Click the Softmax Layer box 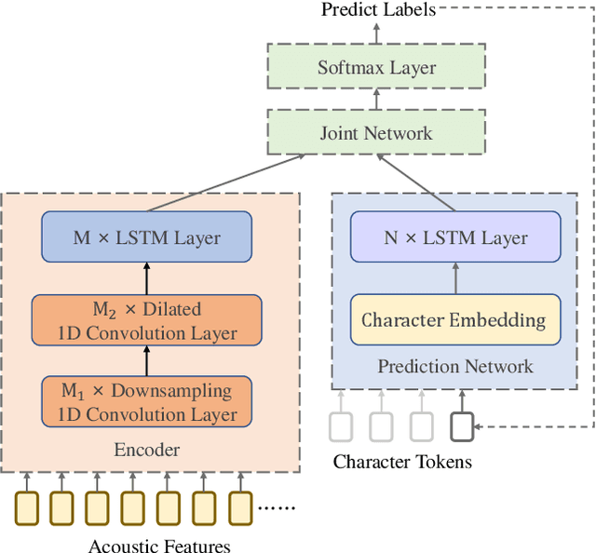click(x=376, y=67)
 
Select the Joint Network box click(x=376, y=132)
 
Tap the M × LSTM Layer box click(x=147, y=236)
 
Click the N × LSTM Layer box click(x=455, y=236)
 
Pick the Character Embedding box click(x=455, y=320)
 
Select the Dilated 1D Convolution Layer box click(x=147, y=320)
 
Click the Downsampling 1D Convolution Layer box click(x=147, y=401)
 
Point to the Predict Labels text click(x=377, y=10)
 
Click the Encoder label click(x=146, y=450)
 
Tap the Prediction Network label click(x=455, y=366)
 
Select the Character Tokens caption click(x=402, y=462)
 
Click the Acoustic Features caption click(x=159, y=546)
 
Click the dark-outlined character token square click(x=462, y=425)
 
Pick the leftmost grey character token click(x=342, y=425)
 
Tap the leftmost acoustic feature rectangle click(x=26, y=507)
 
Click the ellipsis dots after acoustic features click(x=276, y=508)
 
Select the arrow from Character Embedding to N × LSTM click(x=455, y=278)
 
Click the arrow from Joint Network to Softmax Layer click(x=376, y=100)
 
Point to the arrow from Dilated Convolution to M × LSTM click(x=146, y=278)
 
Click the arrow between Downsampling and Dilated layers click(x=146, y=360)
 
